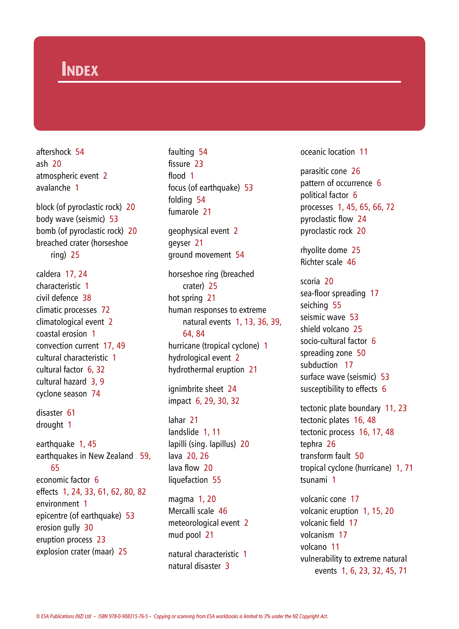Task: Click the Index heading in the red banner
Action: click(80, 69)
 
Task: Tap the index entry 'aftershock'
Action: click(53, 152)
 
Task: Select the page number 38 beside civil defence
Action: click(87, 298)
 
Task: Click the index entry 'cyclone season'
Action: click(61, 394)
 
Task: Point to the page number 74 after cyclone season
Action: click(96, 394)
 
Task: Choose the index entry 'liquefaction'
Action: click(188, 480)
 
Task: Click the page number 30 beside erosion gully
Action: click(89, 528)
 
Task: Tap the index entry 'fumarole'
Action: click(183, 212)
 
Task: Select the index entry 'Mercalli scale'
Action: click(191, 511)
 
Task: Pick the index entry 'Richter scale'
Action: click(321, 262)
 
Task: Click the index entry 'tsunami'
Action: click(314, 480)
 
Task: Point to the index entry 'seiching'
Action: click(314, 305)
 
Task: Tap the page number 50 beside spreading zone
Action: click(361, 353)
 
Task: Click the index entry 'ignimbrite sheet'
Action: click(196, 389)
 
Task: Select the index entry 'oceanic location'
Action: click(327, 152)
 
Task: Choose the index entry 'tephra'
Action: click(311, 444)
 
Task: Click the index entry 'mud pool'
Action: click(184, 535)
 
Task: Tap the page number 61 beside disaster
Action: click(71, 413)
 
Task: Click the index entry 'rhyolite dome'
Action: click(323, 250)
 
